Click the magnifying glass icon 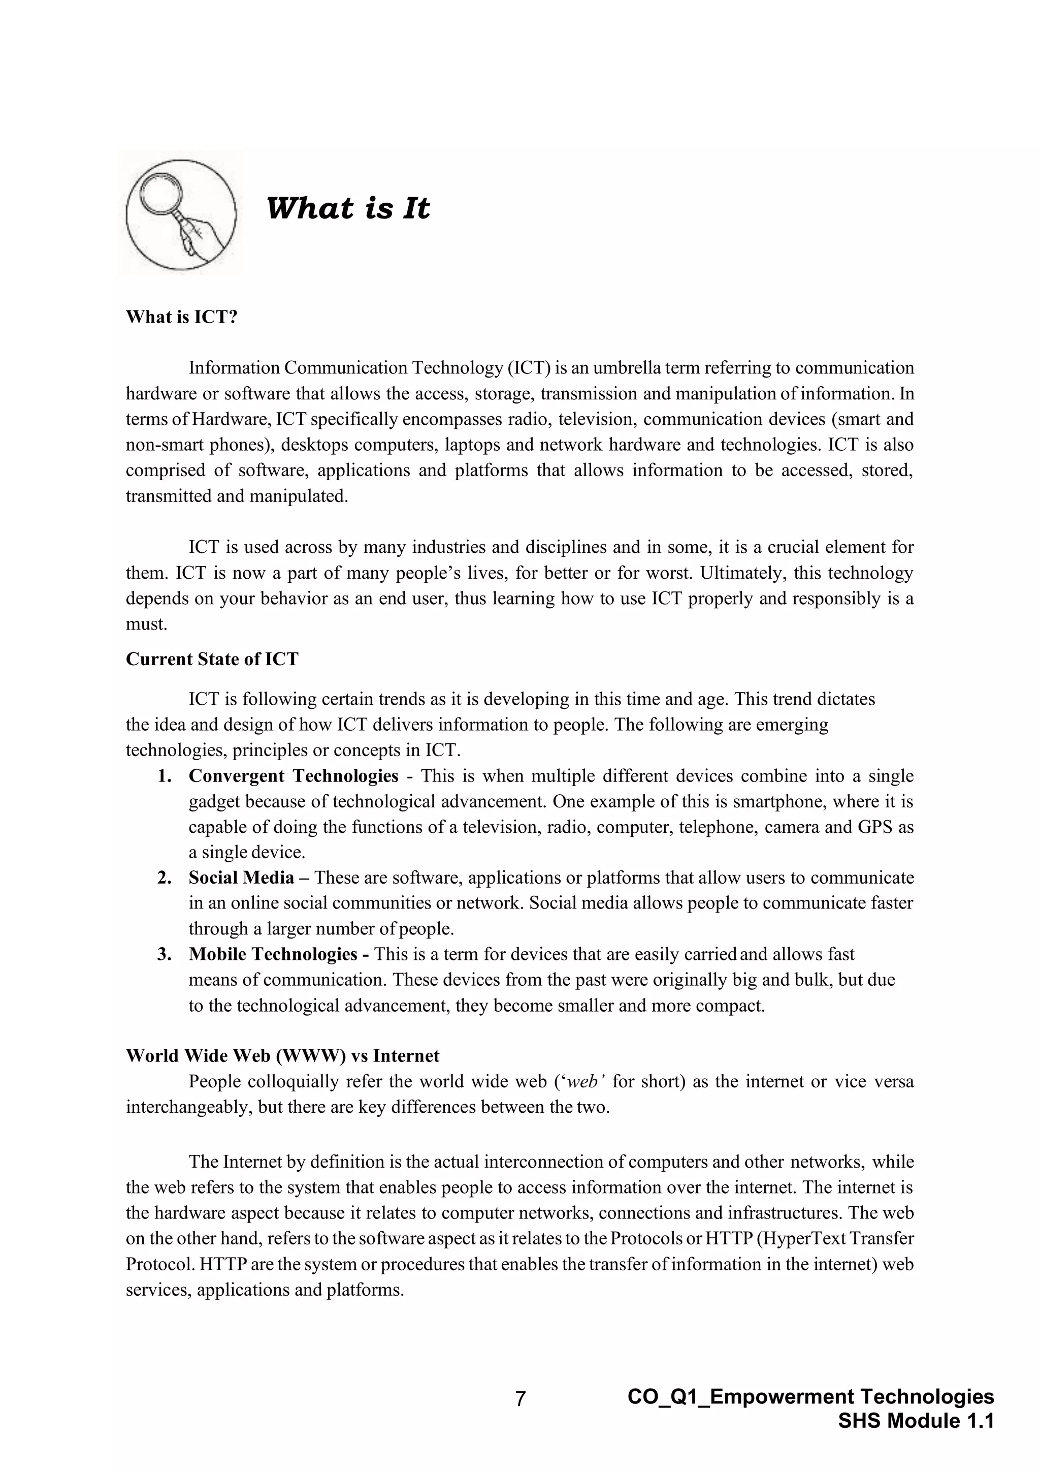coord(181,214)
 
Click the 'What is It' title coord(347,208)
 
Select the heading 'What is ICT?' coord(181,317)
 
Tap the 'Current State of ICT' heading coord(212,659)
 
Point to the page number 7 coord(520,1399)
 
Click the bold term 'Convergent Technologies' coord(294,776)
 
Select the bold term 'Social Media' coord(241,878)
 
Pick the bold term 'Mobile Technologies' coord(273,955)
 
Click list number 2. coord(165,878)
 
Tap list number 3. coord(165,955)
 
